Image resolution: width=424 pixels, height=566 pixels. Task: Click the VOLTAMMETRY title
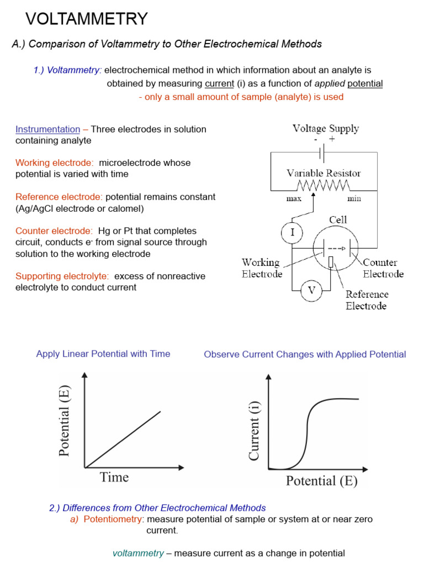pos(87,19)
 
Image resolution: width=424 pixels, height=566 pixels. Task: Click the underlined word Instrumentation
pos(47,129)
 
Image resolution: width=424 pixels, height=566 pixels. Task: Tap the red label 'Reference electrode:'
pos(59,197)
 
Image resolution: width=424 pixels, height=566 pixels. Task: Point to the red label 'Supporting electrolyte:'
pos(62,276)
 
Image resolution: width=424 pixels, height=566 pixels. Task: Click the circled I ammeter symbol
pos(292,233)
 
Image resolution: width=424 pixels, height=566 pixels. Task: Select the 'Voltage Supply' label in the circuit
pos(325,129)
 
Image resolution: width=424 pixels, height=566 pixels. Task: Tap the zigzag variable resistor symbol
pos(323,185)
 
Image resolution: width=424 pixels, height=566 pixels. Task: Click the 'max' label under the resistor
pos(293,198)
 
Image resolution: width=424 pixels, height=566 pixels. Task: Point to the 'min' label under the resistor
pos(354,198)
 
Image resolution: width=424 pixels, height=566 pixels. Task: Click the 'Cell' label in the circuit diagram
pos(338,220)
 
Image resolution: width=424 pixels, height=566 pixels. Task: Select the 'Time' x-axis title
pos(114,476)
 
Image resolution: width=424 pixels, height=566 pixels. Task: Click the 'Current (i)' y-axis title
pos(255,432)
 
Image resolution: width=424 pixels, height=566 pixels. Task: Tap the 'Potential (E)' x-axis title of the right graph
pos(322,481)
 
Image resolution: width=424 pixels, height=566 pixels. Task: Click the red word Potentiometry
pos(113,520)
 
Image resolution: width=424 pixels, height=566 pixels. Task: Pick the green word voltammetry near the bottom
pos(138,553)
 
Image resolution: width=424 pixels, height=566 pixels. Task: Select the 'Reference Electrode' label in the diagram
pos(367,300)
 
